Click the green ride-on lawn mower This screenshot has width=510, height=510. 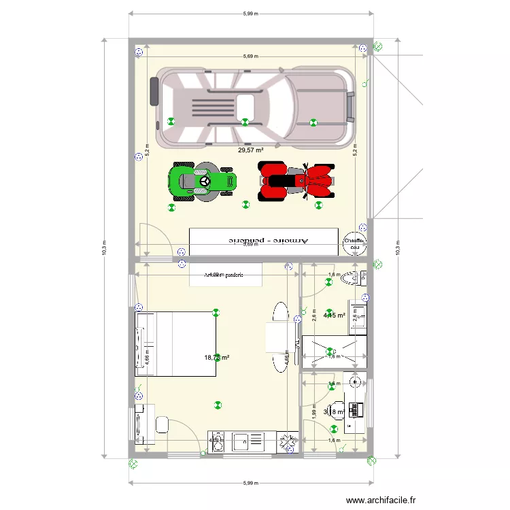click(203, 182)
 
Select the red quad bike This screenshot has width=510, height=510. click(297, 182)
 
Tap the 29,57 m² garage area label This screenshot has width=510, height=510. click(250, 150)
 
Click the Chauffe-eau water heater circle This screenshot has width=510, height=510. click(354, 243)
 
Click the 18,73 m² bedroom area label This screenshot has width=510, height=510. click(217, 357)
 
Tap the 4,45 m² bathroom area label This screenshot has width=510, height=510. click(335, 315)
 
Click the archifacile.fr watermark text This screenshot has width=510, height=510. click(381, 500)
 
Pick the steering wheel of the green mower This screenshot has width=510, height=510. click(203, 182)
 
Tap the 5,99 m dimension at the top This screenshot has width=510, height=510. click(251, 12)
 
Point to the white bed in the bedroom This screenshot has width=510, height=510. click(176, 343)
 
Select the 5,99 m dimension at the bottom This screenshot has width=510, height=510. click(251, 483)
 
